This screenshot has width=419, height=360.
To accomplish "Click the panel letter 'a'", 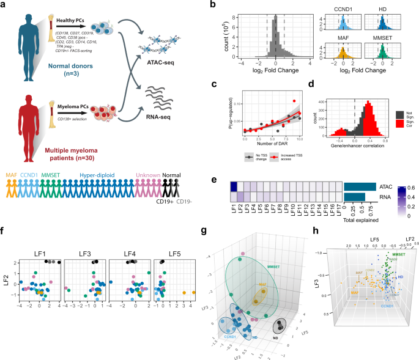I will [x=4, y=5].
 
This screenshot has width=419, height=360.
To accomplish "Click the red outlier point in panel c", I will [x=295, y=100].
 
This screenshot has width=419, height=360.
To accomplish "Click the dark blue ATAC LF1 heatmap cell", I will [x=234, y=171].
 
